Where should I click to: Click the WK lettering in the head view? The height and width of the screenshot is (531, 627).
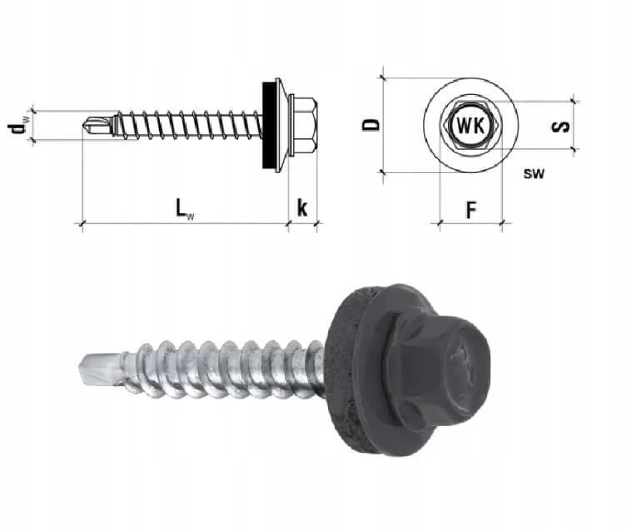pyautogui.click(x=470, y=126)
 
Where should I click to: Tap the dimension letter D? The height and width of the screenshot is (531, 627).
pyautogui.click(x=371, y=125)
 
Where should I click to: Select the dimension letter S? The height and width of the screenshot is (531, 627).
pyautogui.click(x=560, y=127)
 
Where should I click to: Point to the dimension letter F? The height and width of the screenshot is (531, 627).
pyautogui.click(x=472, y=210)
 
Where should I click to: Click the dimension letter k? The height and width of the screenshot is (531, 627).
pyautogui.click(x=302, y=208)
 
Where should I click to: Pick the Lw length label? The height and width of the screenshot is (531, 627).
pyautogui.click(x=185, y=209)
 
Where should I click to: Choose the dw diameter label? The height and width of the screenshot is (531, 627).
pyautogui.click(x=17, y=127)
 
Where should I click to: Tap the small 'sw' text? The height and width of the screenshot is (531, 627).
pyautogui.click(x=534, y=173)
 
